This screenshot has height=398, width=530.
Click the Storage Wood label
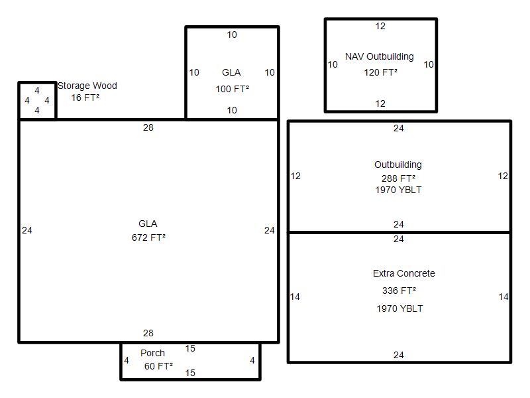pos(87,86)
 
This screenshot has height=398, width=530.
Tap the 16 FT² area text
pos(85,98)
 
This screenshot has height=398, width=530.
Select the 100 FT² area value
pos(233,89)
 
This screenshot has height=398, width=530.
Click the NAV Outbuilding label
pos(379,56)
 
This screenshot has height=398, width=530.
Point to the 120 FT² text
pos(380,72)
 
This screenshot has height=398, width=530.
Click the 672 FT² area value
pos(148,237)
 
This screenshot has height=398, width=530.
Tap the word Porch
pos(152,353)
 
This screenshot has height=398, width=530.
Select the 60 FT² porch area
pos(158,366)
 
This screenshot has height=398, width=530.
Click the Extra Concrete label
pos(404,273)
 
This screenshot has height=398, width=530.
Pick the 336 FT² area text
pos(399,291)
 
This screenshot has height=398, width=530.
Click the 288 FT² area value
pos(399,178)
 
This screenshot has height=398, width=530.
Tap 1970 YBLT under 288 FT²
pos(399,190)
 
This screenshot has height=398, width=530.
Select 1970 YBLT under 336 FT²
pos(399,308)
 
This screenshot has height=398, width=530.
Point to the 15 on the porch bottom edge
pos(190,373)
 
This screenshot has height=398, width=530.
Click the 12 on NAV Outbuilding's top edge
pos(380,26)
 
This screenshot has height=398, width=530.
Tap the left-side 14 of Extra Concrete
pos(295,297)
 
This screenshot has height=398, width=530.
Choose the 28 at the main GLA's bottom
pos(148,334)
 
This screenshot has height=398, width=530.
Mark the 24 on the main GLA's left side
pos(27,230)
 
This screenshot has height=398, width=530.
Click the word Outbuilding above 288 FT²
pos(398,165)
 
